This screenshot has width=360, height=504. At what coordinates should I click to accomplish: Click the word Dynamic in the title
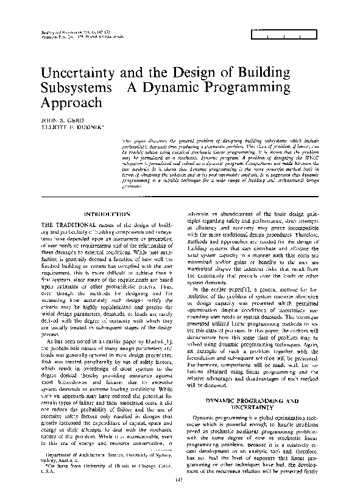[x=175, y=89]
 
